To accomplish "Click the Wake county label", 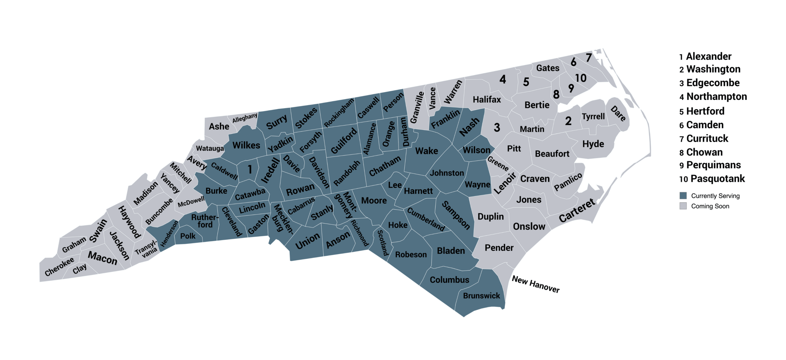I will click(x=426, y=151).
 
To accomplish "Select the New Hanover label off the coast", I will click(x=535, y=284).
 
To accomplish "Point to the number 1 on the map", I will click(x=250, y=169).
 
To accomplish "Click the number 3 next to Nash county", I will click(x=497, y=127).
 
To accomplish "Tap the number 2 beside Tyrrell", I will click(x=568, y=121).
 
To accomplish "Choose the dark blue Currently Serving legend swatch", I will click(x=683, y=196).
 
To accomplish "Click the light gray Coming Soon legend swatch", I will click(x=683, y=206).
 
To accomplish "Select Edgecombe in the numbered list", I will click(x=713, y=83).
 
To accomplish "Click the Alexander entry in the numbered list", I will click(x=709, y=56).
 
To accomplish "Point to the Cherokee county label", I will click(x=59, y=266).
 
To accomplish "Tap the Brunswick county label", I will click(x=481, y=296).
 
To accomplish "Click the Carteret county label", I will click(x=577, y=211).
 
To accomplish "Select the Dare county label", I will click(x=618, y=114).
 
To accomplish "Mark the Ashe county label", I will click(x=219, y=126).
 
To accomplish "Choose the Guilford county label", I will click(x=344, y=141).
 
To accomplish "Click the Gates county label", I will click(x=548, y=68).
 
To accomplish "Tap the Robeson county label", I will click(x=411, y=254).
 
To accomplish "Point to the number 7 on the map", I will click(x=589, y=57).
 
